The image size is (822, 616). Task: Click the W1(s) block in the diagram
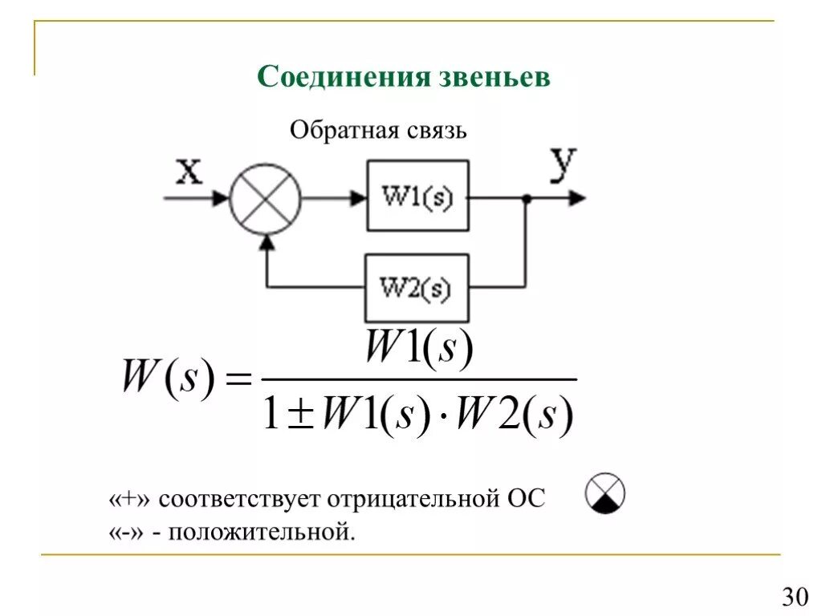click(x=417, y=196)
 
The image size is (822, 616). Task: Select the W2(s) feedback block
click(x=416, y=287)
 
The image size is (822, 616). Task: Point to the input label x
click(x=189, y=171)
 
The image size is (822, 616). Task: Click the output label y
click(x=563, y=164)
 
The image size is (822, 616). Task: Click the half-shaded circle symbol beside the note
click(x=605, y=493)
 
